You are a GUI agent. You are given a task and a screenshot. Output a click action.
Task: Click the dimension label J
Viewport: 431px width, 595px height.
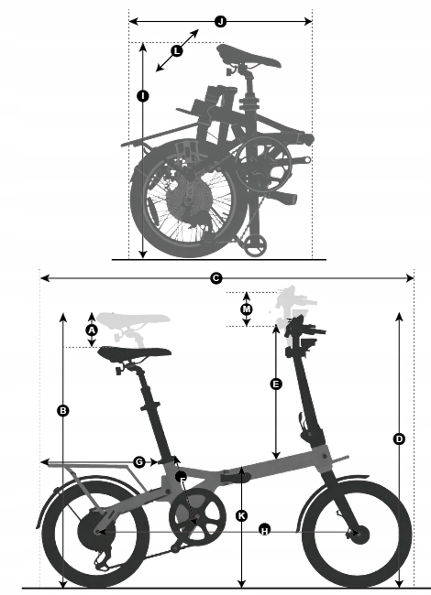[x=220, y=22]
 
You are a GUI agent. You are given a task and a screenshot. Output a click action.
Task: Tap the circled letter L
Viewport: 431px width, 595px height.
[x=177, y=51]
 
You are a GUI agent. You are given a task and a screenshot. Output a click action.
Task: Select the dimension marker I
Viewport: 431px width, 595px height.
[x=143, y=96]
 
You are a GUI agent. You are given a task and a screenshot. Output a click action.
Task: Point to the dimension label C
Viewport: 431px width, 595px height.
[x=215, y=278]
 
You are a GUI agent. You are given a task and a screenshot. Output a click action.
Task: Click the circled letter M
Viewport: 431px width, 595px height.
[x=247, y=309]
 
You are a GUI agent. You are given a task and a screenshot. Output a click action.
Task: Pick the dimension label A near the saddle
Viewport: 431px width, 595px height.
[x=92, y=330]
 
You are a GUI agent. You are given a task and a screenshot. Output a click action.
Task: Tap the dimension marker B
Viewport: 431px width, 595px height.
[x=63, y=411]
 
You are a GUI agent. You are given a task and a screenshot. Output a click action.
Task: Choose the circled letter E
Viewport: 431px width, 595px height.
[x=276, y=384]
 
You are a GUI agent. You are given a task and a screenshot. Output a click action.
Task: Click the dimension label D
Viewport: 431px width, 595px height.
[x=399, y=439]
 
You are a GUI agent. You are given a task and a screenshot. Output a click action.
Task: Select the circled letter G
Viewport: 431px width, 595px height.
[x=140, y=462]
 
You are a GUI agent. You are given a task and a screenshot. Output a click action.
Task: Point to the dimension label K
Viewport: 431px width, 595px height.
[x=242, y=515]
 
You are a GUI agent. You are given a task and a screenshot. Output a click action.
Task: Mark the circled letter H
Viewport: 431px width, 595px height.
[x=265, y=530]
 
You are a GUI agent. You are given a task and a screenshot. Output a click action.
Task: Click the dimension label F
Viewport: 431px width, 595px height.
[x=182, y=478]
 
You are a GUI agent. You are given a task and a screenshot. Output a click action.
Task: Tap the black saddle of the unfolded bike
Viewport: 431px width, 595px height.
[x=135, y=352]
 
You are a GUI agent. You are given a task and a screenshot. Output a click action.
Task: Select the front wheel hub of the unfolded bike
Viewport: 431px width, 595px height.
[x=359, y=533]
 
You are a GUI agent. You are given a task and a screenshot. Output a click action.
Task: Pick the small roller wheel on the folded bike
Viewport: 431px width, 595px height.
[x=255, y=246]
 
